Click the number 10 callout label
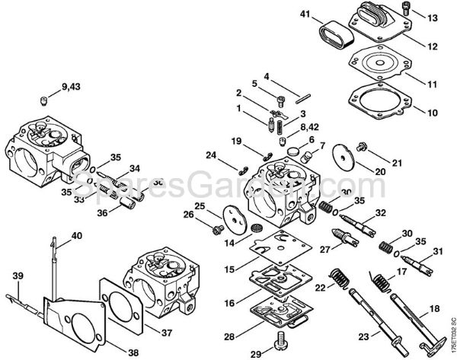(x=432, y=113)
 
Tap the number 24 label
(x=211, y=155)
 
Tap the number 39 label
(x=17, y=275)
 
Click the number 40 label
(x=76, y=237)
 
